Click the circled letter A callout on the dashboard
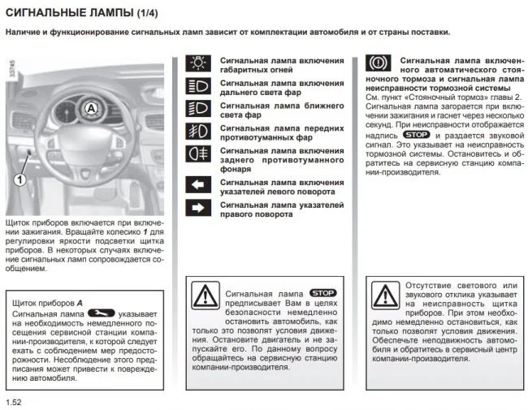(92, 107)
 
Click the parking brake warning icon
(377, 65)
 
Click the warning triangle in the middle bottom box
(206, 294)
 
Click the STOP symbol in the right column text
(416, 136)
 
